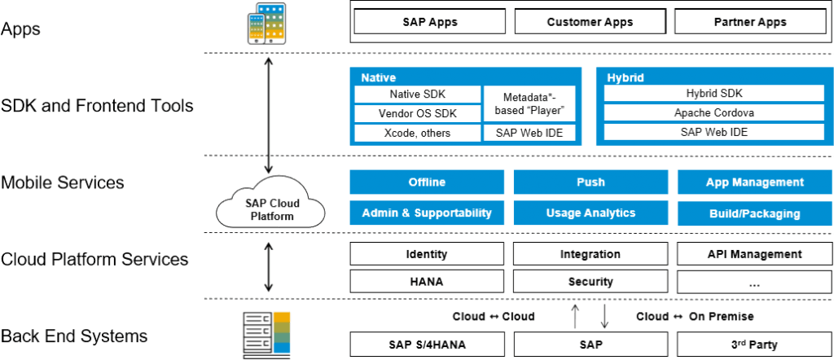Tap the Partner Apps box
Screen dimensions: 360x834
click(750, 22)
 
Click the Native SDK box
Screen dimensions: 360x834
click(417, 94)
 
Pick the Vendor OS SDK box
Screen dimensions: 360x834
click(417, 114)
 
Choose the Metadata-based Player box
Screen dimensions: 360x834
click(529, 103)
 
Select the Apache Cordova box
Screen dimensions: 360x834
click(713, 113)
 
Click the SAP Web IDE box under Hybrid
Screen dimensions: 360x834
click(713, 132)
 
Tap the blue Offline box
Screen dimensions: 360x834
click(427, 182)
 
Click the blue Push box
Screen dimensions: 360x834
click(590, 182)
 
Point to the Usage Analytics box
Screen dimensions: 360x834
click(590, 213)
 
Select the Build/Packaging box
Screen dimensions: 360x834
click(753, 213)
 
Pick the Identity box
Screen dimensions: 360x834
click(427, 254)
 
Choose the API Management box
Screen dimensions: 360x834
click(753, 254)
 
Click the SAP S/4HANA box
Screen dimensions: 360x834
click(427, 345)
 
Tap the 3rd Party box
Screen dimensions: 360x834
click(753, 345)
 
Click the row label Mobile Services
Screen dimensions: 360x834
click(63, 182)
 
